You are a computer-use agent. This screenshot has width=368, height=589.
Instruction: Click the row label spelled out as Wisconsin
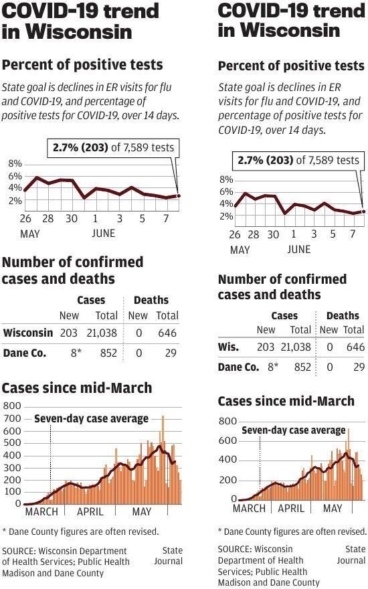click(27, 333)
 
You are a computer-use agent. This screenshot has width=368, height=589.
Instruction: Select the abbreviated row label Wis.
click(228, 347)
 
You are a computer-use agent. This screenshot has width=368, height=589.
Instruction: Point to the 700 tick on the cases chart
click(12, 418)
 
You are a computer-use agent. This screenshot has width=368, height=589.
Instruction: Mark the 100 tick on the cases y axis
click(12, 492)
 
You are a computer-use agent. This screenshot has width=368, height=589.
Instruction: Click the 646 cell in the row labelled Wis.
click(355, 347)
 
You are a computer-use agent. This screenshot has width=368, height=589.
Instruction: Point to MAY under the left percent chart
click(29, 234)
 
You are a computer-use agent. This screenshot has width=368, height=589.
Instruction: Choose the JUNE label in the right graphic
click(298, 249)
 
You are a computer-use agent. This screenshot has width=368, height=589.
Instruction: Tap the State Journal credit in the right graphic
click(351, 555)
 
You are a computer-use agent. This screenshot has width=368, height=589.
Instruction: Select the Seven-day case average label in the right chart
click(293, 430)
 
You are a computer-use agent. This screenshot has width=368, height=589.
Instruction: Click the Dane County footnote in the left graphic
click(80, 531)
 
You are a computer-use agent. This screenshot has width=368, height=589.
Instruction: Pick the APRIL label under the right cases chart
click(290, 508)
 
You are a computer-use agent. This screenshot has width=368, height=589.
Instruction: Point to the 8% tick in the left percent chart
click(15, 164)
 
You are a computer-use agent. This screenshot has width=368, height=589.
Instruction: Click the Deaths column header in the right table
click(342, 315)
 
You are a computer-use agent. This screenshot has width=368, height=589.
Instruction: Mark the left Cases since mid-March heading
click(77, 388)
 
